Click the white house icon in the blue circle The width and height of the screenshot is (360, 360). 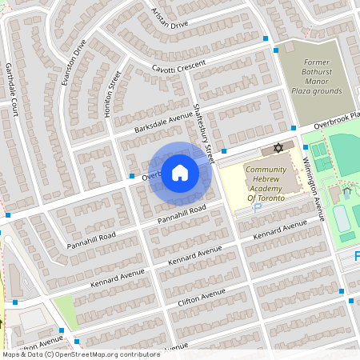[180, 173]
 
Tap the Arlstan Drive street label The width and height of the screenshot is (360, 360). [169, 18]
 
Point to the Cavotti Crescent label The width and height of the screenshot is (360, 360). [178, 64]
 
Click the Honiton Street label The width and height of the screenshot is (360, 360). [112, 94]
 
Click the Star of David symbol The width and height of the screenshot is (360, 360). [278, 149]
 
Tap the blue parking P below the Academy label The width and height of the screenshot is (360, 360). [257, 207]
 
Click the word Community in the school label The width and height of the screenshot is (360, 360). [266, 170]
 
